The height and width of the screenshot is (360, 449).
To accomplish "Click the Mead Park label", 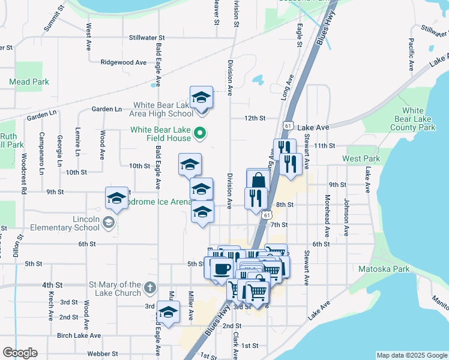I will [29, 82].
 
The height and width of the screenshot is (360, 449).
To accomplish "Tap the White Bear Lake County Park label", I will [412, 119].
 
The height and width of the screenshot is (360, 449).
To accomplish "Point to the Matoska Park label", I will [384, 269].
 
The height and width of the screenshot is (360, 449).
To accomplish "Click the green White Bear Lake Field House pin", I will [202, 134].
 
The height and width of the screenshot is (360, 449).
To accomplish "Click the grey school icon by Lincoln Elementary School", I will [108, 223].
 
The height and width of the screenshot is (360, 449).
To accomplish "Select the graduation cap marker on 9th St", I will [116, 199].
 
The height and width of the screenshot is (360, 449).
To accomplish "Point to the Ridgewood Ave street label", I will [124, 62].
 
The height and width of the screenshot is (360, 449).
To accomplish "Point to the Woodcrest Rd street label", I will [24, 173].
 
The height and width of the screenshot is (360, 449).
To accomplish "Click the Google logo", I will [20, 353].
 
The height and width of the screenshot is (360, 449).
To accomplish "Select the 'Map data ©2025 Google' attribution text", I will [412, 355].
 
